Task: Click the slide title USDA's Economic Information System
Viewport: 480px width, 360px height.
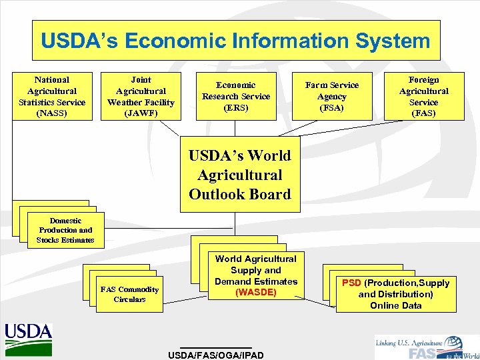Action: (236, 41)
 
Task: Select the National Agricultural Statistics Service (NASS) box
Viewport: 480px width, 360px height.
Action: (52, 96)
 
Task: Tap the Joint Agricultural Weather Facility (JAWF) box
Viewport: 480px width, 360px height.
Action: (141, 96)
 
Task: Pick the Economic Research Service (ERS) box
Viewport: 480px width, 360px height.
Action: (236, 96)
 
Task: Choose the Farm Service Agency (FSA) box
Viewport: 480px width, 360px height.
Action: (331, 96)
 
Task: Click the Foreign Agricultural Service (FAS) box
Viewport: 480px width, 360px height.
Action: (423, 96)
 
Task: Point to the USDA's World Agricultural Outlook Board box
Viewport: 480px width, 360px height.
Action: (240, 175)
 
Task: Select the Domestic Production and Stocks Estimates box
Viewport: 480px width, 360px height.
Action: (65, 230)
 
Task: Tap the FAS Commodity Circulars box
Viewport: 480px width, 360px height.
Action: (129, 294)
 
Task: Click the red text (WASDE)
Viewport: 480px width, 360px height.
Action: (256, 292)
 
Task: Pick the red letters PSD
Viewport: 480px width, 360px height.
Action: (351, 283)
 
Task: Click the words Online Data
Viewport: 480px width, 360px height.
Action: (395, 305)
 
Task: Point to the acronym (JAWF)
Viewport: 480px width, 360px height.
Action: (141, 113)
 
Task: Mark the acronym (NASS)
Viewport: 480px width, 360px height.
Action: (52, 113)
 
